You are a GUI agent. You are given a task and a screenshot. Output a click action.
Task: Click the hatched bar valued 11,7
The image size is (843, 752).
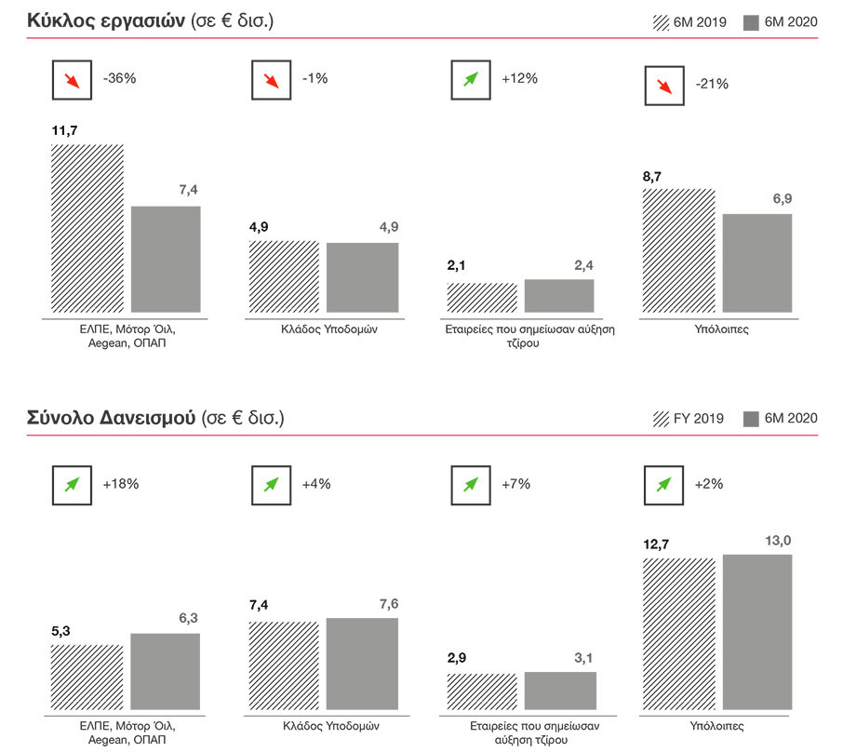[x=87, y=228]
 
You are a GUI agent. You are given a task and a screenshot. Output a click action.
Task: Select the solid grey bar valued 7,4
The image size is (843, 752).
[x=166, y=259]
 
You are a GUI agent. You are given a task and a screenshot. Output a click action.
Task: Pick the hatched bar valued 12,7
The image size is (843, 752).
[x=678, y=636]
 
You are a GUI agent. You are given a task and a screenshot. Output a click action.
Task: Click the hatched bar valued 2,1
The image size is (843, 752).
[x=482, y=298]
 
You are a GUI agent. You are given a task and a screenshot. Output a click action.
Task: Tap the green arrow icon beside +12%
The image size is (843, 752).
[x=470, y=79]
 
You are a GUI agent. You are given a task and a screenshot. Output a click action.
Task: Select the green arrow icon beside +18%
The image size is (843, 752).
[x=72, y=484]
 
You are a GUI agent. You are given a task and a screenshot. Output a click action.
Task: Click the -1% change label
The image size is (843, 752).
[x=315, y=79]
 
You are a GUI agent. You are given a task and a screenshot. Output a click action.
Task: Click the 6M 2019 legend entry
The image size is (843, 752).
[x=690, y=22]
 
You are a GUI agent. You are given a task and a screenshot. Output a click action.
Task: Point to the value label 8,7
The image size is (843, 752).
[x=654, y=176]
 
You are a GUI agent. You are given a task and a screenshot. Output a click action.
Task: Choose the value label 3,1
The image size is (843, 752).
[x=583, y=659]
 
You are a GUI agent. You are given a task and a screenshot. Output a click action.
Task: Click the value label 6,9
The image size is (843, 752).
[x=781, y=200]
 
